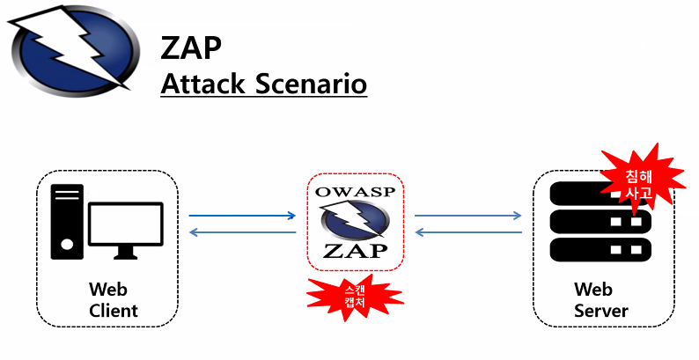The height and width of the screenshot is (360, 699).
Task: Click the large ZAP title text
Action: [x=191, y=48]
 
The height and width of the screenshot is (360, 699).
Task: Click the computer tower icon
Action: [x=67, y=221]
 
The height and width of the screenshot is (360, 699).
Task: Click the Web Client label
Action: [x=114, y=300]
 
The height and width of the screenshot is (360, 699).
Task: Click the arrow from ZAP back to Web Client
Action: [x=242, y=232]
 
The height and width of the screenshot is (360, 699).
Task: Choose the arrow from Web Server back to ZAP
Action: [x=467, y=232]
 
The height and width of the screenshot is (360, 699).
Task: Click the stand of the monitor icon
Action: [x=127, y=253]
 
